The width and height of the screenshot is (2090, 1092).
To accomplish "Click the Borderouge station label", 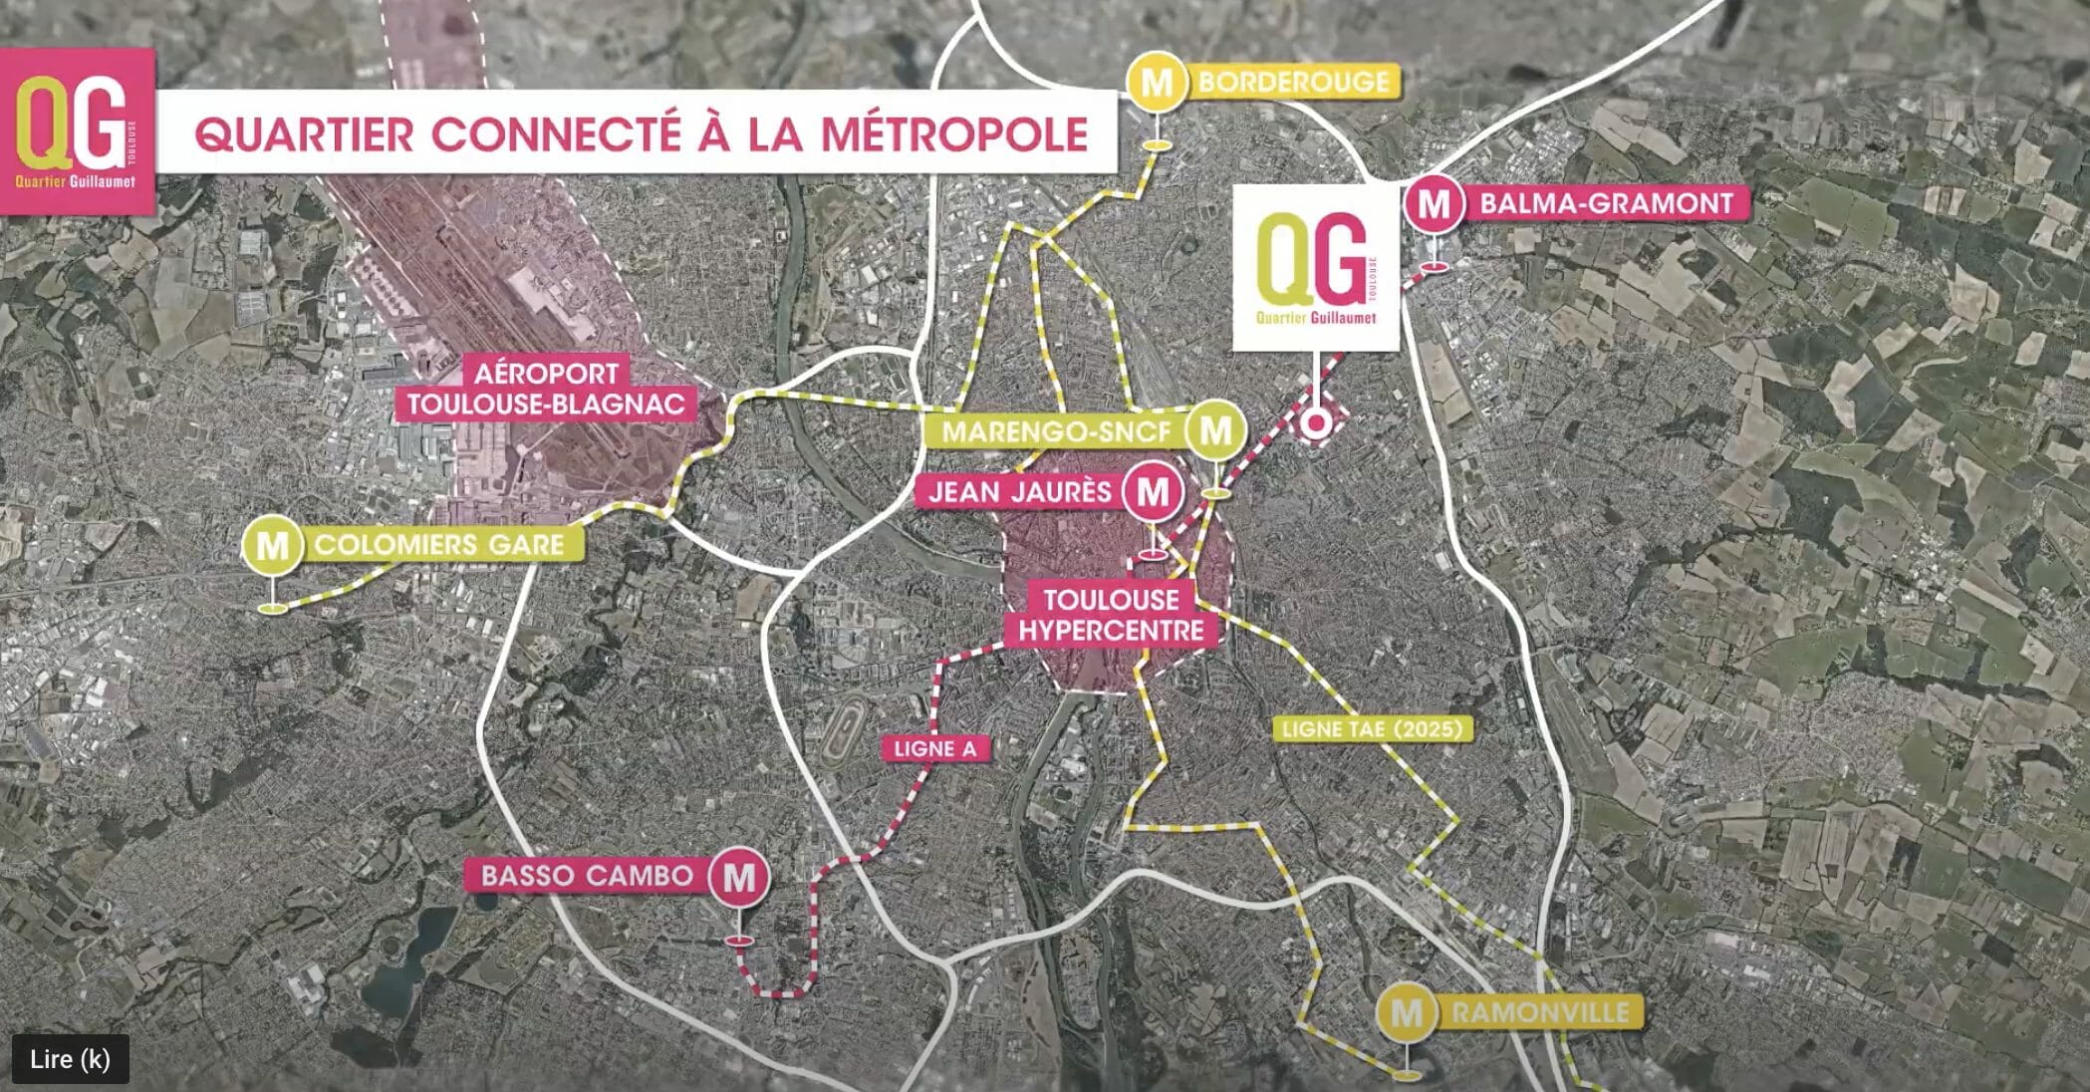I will click(1293, 82).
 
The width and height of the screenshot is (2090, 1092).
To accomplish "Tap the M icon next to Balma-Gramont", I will click(1434, 204).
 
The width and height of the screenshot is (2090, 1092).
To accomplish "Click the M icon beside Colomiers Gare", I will click(272, 546).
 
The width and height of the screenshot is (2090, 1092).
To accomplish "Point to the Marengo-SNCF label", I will click(1056, 432).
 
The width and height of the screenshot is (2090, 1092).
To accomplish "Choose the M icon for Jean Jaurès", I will click(1153, 492).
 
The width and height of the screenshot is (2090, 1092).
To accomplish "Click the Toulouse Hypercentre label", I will click(1111, 615).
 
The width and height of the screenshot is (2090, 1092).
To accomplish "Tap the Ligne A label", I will click(935, 748).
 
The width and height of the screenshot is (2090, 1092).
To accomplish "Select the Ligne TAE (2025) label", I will click(1372, 729).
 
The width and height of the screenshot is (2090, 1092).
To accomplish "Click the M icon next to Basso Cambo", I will click(739, 877).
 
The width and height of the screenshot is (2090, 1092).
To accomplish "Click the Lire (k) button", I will click(70, 1059).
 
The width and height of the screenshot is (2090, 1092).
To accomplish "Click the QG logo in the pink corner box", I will click(77, 131).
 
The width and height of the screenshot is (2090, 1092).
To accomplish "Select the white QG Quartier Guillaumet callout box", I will click(1316, 267).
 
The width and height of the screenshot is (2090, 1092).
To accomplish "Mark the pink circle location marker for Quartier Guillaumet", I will click(1316, 423).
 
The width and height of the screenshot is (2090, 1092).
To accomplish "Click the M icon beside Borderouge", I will click(1157, 83).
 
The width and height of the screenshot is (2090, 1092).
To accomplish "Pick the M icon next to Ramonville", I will click(1406, 1013).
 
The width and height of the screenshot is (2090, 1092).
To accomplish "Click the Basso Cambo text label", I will click(587, 876).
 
